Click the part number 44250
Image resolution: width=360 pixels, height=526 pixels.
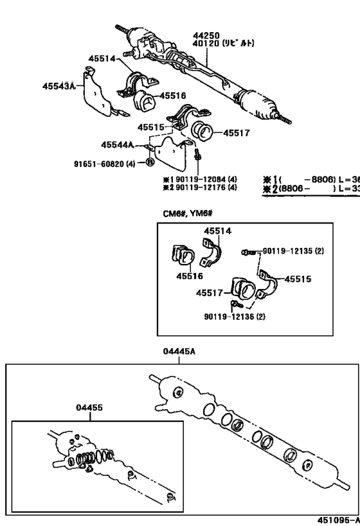pos(205,36)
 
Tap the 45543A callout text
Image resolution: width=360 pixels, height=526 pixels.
pos(59,85)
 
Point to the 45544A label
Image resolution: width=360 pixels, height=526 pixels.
pos(117,145)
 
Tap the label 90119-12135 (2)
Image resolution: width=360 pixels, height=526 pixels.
pos(292,250)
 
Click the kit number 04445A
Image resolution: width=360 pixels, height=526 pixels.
pos(179,351)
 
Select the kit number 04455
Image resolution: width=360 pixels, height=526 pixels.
pos(89,407)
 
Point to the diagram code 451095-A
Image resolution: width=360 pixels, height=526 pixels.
pos(338,520)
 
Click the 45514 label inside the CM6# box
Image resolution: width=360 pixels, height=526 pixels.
pos(218,231)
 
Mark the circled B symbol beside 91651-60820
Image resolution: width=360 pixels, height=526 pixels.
pos(149,162)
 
